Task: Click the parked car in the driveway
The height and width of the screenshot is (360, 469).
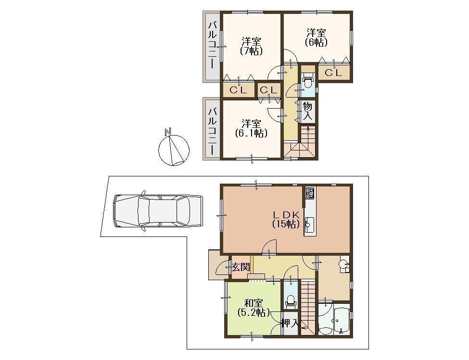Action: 156,211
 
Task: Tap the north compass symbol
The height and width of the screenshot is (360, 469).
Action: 173,149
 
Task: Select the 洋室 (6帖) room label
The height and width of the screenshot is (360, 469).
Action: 316,37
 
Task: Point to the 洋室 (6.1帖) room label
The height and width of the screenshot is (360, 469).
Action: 251,128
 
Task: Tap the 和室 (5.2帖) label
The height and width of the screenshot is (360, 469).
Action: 253,308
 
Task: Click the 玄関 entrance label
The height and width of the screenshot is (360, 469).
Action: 241,267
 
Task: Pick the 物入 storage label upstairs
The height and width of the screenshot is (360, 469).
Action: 308,111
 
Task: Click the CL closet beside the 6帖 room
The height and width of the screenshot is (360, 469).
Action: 333,73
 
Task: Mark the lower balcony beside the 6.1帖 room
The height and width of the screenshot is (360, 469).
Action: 212,128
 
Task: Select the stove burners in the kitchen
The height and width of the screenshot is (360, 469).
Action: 309,194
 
